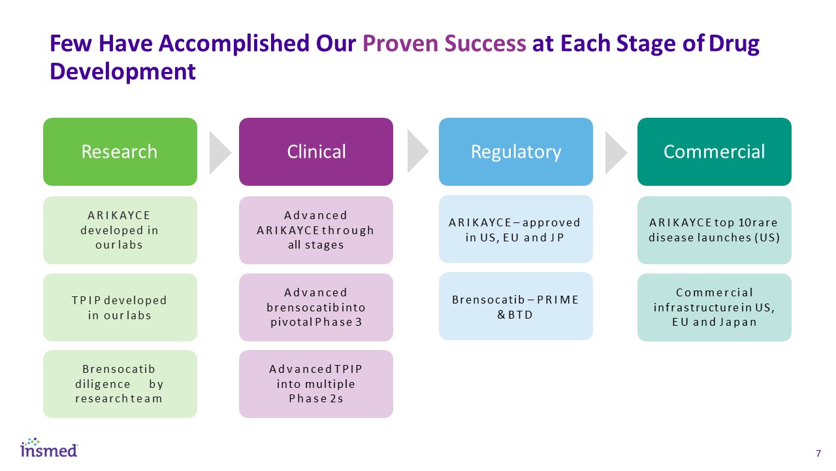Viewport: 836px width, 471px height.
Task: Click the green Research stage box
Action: point(120,152)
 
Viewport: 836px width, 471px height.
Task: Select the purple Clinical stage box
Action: point(316,152)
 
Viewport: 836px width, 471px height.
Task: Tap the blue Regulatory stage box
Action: point(516,152)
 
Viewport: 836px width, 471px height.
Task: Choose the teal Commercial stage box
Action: point(714,152)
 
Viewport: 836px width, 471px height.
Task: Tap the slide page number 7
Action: point(818,453)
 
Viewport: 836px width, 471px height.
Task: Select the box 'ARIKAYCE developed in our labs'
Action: point(120,230)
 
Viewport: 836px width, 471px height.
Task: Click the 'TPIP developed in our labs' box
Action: point(120,307)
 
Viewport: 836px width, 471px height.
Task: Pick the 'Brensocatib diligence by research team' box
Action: point(120,384)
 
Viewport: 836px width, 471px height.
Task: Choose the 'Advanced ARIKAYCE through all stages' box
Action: point(316,230)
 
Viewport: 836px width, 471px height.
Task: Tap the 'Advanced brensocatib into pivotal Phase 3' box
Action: point(316,307)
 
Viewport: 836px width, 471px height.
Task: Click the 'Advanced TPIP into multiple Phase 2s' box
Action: point(316,384)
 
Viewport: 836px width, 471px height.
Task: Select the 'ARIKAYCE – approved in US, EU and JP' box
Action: point(516,230)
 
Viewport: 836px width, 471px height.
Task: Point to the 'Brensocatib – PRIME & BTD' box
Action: point(516,307)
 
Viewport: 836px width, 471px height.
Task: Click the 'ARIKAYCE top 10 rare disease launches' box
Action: point(714,230)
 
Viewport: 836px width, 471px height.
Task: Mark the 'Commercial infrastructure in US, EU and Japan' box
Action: point(714,307)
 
